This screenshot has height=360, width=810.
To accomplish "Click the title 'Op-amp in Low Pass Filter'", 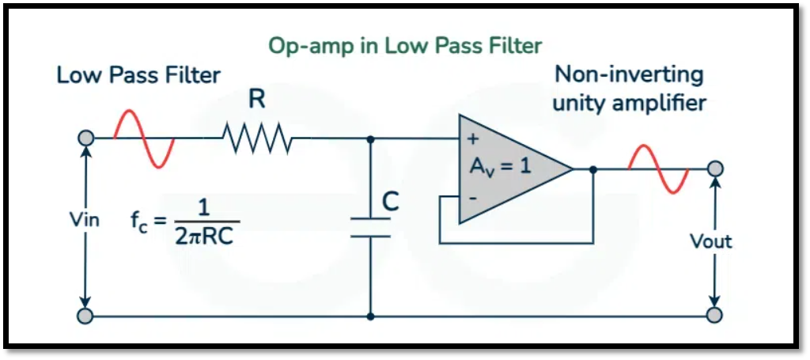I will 405,45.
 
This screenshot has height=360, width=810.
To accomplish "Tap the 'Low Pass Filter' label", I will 138,76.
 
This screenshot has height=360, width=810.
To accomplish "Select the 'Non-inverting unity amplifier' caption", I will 630,89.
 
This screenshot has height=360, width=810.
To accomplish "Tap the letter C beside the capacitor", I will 390,203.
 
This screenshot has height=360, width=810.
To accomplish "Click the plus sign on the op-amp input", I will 473,139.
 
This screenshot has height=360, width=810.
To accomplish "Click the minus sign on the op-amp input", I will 473,196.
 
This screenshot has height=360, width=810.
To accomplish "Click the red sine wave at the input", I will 143,138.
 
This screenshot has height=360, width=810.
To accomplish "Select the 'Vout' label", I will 711,241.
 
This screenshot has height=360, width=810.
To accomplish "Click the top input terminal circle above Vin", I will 85,138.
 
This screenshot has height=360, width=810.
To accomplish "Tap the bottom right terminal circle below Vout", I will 714,316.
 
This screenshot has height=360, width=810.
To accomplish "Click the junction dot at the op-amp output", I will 592,169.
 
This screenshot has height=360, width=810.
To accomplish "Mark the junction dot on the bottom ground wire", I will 370,316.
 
